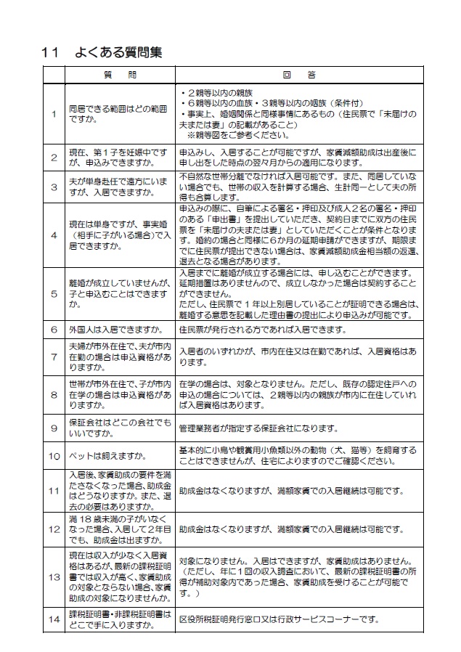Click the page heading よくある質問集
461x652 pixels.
pos(118,53)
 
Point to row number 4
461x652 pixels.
pos(54,235)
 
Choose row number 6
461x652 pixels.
pos(54,329)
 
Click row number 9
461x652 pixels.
pos(54,427)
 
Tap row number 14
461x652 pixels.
pos(54,619)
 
